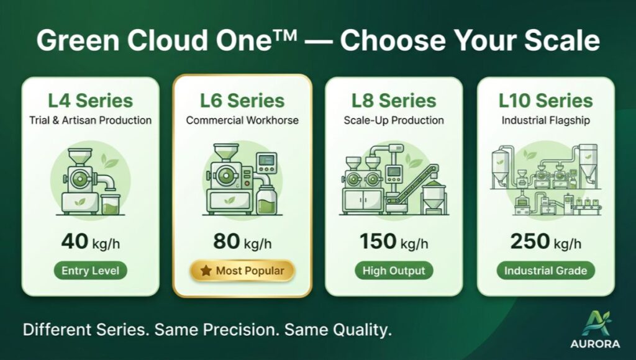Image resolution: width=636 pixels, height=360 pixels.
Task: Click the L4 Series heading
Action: click(90, 101)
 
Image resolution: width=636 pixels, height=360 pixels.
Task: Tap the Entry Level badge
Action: click(90, 271)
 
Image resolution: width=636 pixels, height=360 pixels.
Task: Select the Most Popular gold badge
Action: click(242, 271)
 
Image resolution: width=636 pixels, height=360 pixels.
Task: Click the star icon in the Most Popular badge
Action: click(206, 271)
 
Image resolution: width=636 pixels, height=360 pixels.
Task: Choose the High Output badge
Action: click(394, 271)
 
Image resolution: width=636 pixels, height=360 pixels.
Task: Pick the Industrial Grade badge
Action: click(545, 271)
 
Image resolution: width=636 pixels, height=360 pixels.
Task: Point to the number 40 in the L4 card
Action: click(75, 241)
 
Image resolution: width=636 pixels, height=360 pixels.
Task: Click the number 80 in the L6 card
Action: click(226, 241)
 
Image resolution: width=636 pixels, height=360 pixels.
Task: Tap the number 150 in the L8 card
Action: click(378, 241)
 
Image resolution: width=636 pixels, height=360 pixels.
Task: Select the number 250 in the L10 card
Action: click(529, 241)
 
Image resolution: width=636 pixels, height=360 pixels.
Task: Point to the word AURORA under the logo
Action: click(595, 344)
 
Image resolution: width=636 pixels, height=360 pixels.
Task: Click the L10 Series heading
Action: click(545, 101)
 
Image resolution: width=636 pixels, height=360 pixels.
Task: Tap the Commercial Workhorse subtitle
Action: click(242, 120)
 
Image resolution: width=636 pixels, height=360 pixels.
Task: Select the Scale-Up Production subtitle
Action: click(394, 120)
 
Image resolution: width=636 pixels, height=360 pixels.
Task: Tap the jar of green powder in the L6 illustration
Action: click(266, 199)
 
